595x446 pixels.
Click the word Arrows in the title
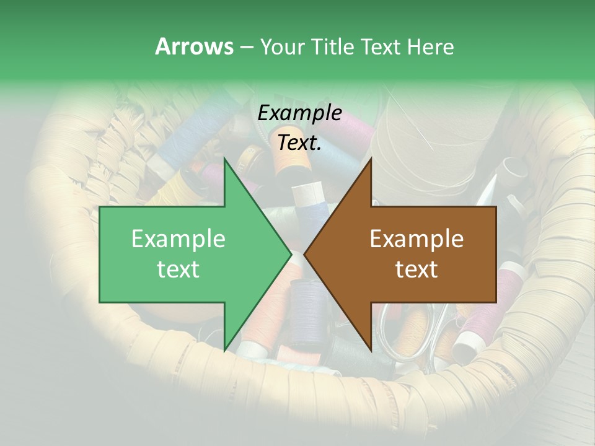pos(194,46)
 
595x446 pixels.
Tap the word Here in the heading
pos(430,46)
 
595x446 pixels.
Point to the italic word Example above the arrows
pos(300,113)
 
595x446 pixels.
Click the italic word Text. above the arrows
pos(300,142)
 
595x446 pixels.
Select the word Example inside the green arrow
pos(178,239)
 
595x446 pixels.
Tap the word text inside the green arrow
pos(178,269)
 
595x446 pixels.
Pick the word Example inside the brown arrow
pos(416,239)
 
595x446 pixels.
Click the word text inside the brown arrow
pos(416,269)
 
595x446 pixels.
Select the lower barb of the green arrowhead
pos(225,348)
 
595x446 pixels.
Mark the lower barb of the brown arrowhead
pos(371,348)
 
